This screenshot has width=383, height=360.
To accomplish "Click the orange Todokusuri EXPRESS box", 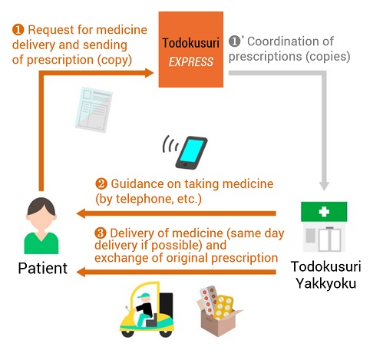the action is [191, 49].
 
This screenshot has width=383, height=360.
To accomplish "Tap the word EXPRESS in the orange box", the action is [191, 62].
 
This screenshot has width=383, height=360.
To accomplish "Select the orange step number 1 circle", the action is [18, 30].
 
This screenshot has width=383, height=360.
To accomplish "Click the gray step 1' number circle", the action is [234, 41].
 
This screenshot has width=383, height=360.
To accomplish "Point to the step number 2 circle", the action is [101, 183].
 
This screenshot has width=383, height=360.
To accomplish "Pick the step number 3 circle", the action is [101, 233].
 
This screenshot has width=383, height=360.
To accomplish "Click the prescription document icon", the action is [94, 110].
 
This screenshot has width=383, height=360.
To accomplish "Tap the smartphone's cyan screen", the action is [191, 150].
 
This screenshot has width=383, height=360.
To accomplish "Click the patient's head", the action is [41, 213].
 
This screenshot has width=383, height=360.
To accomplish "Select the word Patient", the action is [43, 268].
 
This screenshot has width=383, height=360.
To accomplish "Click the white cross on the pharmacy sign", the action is [324, 212].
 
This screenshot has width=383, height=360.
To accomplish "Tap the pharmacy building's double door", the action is [330, 239].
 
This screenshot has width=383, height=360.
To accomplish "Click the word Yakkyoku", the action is [326, 284].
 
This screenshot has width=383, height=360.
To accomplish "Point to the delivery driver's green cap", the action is [144, 296].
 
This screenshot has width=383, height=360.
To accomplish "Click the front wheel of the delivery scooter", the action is [127, 333].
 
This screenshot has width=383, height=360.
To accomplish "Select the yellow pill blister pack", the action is [223, 307].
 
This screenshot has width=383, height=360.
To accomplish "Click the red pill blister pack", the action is [209, 300].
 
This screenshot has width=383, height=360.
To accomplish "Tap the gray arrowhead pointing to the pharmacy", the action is [324, 186].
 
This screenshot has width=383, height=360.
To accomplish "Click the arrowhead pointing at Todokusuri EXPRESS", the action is [149, 73].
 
